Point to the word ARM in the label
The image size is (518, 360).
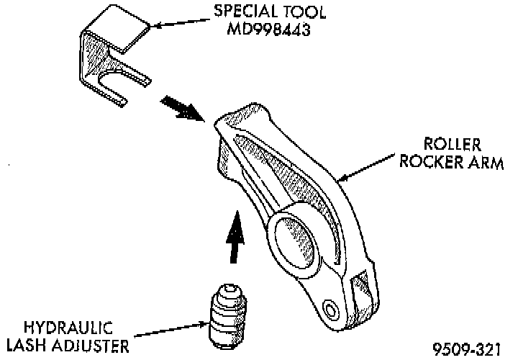pos(485,163)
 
